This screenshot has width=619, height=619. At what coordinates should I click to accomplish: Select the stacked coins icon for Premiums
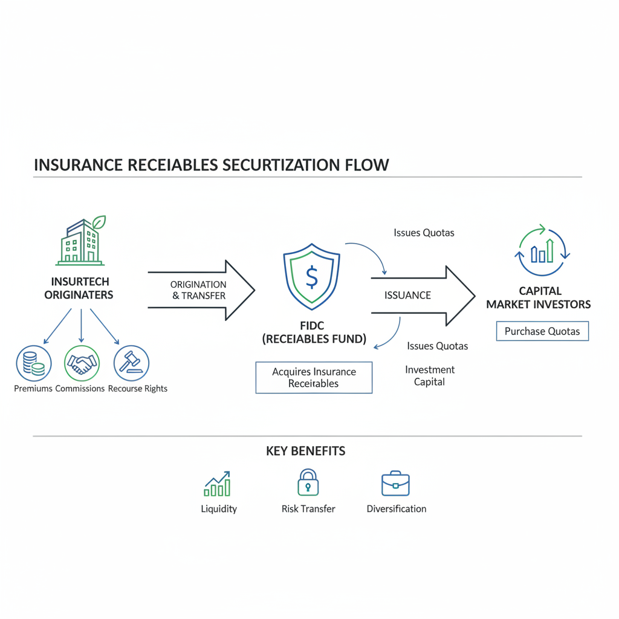point(33,363)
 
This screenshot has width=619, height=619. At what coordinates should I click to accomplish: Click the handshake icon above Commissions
point(82,363)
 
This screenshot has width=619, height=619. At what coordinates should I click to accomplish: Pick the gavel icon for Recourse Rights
point(131,363)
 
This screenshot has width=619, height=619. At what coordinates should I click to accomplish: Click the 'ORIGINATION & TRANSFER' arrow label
point(198,290)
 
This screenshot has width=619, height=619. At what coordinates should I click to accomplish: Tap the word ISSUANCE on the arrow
point(407,296)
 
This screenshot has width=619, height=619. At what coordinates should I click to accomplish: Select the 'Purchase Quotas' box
point(542,331)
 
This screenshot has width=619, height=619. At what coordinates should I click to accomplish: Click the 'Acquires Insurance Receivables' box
point(314,378)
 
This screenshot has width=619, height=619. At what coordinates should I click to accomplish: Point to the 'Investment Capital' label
point(430,375)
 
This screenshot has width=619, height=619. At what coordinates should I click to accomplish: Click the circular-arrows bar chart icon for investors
point(542,250)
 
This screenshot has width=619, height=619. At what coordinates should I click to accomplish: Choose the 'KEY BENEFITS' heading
point(306,451)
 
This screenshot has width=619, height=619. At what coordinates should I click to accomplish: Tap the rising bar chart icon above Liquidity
point(218,484)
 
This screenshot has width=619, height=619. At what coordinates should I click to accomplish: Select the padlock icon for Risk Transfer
point(308,483)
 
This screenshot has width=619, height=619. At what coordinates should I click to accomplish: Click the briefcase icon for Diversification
point(395,484)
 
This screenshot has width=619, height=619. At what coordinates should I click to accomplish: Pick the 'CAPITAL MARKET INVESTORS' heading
point(539,297)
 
